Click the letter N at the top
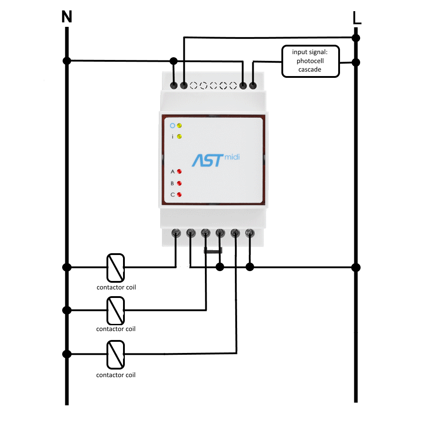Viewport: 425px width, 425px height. pyautogui.click(x=67, y=17)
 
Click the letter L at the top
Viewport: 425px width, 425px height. pyautogui.click(x=357, y=18)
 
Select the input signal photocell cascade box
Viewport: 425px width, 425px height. pyautogui.click(x=310, y=61)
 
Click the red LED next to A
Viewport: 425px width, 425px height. pyautogui.click(x=179, y=171)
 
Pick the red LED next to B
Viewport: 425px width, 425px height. pyautogui.click(x=179, y=183)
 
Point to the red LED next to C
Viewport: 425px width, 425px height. pyautogui.click(x=179, y=195)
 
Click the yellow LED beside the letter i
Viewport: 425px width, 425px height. pyautogui.click(x=179, y=136)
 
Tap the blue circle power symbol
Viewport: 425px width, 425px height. pyautogui.click(x=172, y=125)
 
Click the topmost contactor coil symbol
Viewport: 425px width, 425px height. pyautogui.click(x=115, y=267)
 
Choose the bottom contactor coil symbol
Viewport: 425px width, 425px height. pyautogui.click(x=115, y=354)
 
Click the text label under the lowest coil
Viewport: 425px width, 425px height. pyautogui.click(x=116, y=375)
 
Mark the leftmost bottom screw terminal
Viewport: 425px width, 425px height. pyautogui.click(x=176, y=233)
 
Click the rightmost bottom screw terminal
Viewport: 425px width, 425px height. pyautogui.click(x=250, y=233)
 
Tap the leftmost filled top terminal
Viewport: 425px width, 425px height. pyautogui.click(x=174, y=85)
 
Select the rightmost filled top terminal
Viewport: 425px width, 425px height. pyautogui.click(x=253, y=85)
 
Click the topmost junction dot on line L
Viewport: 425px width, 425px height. pyautogui.click(x=356, y=37)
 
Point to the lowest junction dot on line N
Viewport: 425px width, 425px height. pyautogui.click(x=67, y=354)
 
